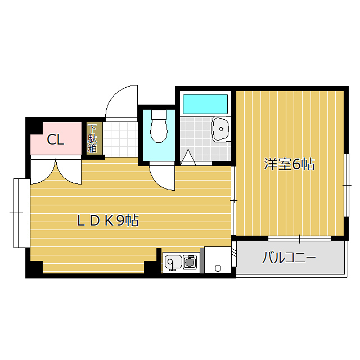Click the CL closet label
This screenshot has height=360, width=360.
[55, 140]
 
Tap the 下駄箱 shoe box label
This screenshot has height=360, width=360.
[92, 139]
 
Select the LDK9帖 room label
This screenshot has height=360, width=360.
[108, 220]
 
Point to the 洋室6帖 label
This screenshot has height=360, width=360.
[289, 165]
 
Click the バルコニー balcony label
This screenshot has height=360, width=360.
[289, 259]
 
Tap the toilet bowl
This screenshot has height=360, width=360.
[159, 127]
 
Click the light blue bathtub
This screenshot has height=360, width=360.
[205, 103]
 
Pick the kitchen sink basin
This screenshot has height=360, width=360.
[173, 262]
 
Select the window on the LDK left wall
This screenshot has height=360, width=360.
[20, 213]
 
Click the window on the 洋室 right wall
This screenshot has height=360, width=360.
[346, 184]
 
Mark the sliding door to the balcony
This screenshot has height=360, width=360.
[299, 238]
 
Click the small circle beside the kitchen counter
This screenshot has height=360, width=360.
[218, 268]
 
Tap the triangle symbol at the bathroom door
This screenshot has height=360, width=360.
[188, 159]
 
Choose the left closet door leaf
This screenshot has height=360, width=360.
[42, 172]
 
